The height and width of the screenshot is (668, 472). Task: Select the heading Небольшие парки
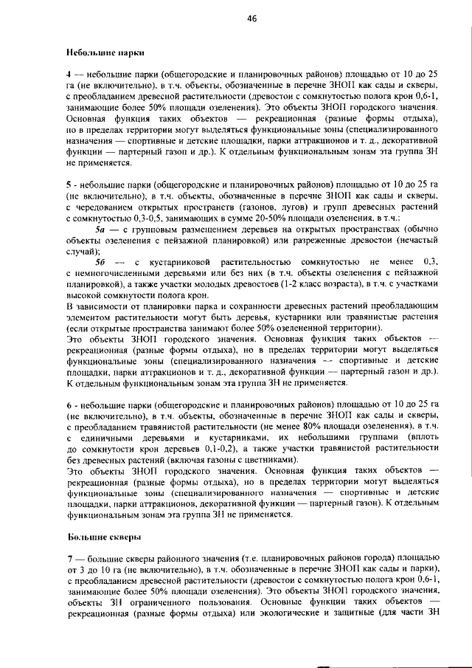tap(104, 52)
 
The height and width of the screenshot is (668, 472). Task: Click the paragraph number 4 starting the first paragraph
tap(69, 75)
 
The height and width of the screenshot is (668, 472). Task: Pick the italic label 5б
tap(103, 262)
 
